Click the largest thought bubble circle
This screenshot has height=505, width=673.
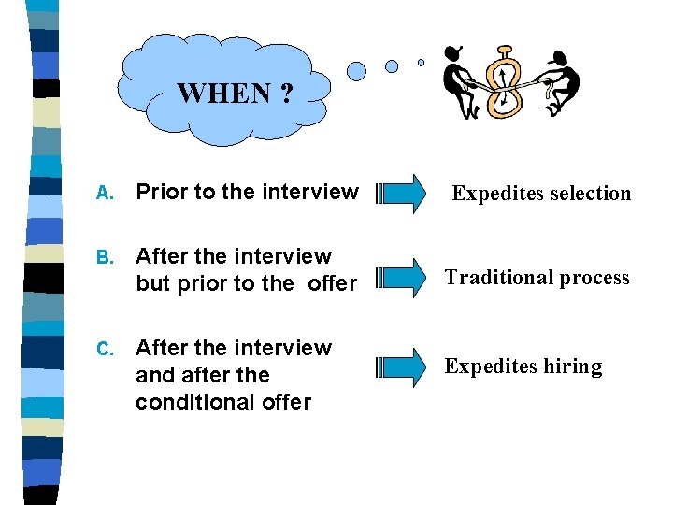[356, 71]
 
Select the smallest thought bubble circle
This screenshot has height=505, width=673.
[421, 63]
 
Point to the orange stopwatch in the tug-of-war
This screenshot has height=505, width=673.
[506, 82]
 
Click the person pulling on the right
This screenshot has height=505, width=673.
[561, 82]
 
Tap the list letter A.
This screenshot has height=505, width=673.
[105, 194]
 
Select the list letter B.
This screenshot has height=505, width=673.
[105, 257]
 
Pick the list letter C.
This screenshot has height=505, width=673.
[105, 349]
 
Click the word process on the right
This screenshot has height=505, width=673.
[594, 278]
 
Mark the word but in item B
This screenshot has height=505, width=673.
[152, 282]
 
